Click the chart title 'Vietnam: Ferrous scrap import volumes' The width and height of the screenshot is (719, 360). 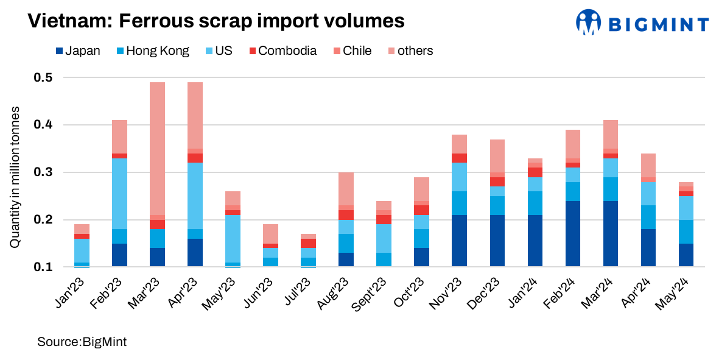point(216,21)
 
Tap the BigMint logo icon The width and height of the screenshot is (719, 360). point(588,23)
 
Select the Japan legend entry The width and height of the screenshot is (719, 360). point(77,51)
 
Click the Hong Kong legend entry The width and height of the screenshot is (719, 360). point(152,51)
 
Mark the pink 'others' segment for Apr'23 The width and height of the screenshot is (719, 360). point(195,115)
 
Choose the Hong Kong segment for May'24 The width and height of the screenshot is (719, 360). point(687,231)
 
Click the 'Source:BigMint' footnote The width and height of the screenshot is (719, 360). point(82,342)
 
